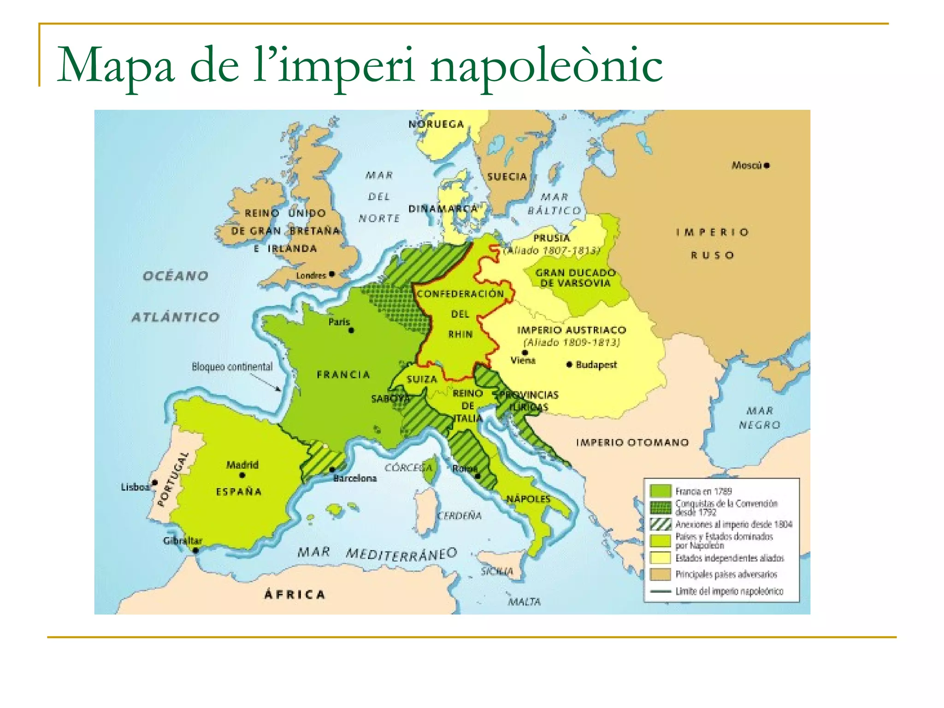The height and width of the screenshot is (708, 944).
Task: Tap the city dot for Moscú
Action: pos(767,165)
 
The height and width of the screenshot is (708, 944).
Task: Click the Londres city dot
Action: pos(331,274)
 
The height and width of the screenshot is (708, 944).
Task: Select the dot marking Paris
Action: pos(351,330)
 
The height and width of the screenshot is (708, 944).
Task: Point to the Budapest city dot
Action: pos(570,365)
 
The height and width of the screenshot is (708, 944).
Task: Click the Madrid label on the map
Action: pos(242,465)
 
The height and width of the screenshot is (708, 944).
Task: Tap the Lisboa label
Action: pos(135,487)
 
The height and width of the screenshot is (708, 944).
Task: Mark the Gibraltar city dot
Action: pos(196,550)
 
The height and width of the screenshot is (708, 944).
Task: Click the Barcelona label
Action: pos(355,478)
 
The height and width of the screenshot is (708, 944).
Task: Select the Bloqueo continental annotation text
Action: pos(232,367)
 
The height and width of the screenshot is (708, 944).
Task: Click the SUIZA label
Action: pos(422,379)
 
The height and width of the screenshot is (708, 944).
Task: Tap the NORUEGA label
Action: pos(436,124)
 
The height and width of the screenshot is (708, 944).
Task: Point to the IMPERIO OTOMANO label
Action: pos(632,442)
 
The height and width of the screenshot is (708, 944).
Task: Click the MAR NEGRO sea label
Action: pos(760,418)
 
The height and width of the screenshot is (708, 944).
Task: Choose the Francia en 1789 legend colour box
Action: pos(660,491)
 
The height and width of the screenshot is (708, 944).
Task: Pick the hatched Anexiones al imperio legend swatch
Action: pos(660,524)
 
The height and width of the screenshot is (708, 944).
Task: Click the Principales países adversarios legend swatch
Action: pos(660,574)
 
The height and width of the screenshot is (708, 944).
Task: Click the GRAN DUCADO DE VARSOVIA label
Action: pos(575,278)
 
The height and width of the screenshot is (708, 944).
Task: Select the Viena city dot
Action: pos(525,353)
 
